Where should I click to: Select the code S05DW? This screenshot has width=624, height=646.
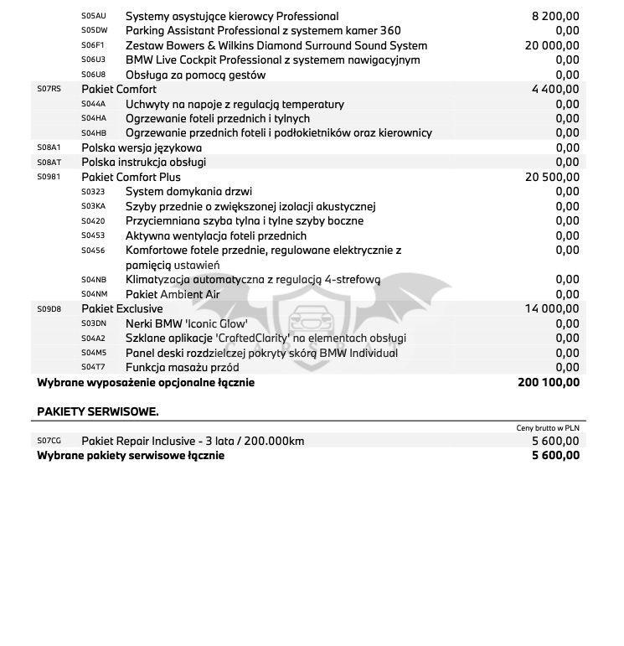(94, 31)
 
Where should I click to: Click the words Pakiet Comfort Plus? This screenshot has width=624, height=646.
(131, 177)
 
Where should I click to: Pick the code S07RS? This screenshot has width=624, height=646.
(49, 89)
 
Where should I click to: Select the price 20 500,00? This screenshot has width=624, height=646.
(552, 177)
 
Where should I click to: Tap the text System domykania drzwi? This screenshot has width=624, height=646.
(188, 192)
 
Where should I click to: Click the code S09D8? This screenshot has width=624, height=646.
(49, 309)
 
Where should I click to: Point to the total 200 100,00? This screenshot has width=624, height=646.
(549, 382)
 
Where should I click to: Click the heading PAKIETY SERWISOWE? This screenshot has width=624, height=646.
(98, 411)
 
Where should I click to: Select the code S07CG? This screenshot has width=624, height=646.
(49, 441)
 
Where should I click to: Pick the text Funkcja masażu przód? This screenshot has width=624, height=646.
(182, 368)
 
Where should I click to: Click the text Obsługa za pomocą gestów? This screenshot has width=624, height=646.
(195, 75)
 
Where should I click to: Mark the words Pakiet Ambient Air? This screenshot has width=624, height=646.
(173, 294)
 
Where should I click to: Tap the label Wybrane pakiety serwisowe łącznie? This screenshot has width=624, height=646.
(131, 455)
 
